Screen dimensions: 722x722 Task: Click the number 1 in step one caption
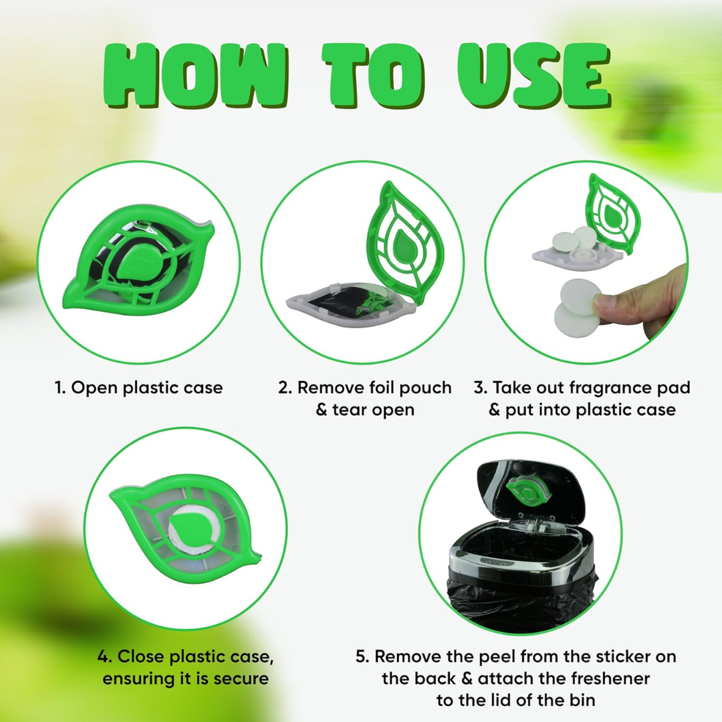tap(59, 388)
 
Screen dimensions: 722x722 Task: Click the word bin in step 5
tap(580, 700)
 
